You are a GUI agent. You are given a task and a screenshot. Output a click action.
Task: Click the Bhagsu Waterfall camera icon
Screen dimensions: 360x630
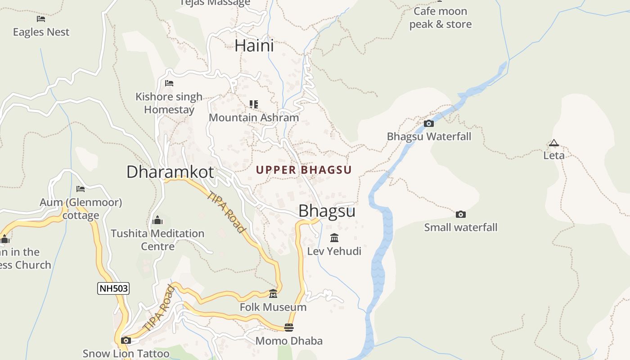pos(429,123)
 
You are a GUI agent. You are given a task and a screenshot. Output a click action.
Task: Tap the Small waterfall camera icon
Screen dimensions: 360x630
pos(460,215)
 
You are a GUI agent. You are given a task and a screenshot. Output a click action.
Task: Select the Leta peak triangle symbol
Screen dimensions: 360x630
pos(553,143)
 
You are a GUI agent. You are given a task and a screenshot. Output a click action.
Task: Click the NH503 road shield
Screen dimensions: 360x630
pos(113,288)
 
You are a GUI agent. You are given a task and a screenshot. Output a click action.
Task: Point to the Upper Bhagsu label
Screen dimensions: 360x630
pos(304,170)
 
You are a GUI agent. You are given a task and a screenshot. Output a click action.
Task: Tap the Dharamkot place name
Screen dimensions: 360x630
pos(170,172)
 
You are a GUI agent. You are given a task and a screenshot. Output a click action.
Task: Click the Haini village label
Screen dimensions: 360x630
pos(254,45)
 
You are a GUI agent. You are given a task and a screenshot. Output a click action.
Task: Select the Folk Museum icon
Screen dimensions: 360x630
pos(273,294)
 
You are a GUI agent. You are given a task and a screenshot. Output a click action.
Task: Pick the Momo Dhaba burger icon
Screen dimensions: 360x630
pos(289,328)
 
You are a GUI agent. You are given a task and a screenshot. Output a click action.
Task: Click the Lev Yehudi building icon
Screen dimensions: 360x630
pos(334,238)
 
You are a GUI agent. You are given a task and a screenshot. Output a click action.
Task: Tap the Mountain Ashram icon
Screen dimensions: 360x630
pos(254,104)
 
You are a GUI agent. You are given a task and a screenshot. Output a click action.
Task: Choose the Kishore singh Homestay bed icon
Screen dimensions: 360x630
pos(169,83)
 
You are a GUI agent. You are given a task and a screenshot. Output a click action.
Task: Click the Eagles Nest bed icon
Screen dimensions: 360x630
pos(41,19)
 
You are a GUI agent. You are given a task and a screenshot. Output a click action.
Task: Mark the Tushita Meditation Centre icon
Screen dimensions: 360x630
pos(157,220)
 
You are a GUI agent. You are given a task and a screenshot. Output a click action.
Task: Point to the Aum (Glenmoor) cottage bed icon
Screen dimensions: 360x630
pos(81,189)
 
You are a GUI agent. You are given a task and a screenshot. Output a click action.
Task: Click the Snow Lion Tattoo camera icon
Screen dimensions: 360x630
pos(126,340)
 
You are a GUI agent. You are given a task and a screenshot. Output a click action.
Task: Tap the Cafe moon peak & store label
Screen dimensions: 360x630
pos(440,18)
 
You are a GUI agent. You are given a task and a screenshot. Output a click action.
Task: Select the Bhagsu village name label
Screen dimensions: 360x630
pos(327,211)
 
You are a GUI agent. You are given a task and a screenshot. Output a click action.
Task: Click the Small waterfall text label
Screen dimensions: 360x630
pos(461,227)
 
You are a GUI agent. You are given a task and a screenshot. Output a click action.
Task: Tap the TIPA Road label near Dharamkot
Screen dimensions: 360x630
pos(226,212)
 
